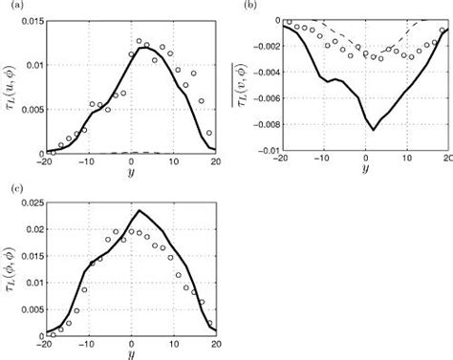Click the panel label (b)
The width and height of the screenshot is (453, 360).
pos(251,7)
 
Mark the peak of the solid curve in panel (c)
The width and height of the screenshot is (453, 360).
pos(140,210)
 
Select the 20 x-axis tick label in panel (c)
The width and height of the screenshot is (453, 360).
pos(216,341)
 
